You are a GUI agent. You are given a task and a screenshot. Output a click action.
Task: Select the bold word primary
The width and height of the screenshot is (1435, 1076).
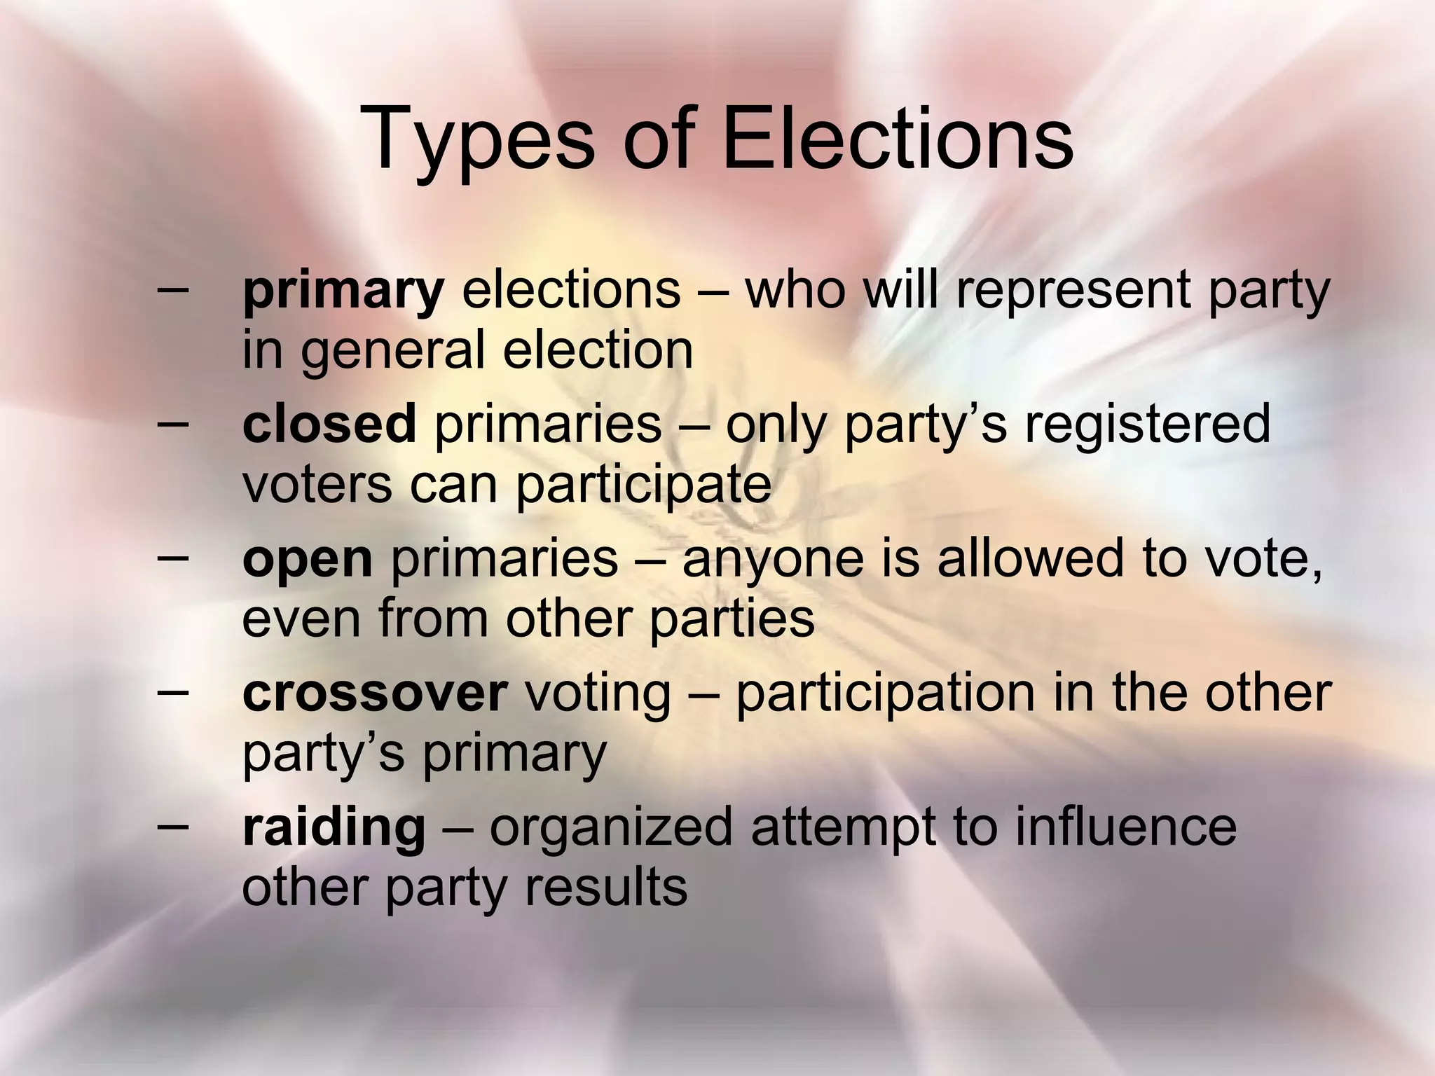pos(343,291)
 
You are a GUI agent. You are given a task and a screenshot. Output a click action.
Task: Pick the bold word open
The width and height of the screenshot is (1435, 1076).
pos(308,560)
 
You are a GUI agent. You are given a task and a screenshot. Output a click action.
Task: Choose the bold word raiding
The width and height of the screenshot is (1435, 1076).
pos(334,827)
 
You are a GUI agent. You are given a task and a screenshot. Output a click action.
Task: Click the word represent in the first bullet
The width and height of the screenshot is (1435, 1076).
pos(1071,291)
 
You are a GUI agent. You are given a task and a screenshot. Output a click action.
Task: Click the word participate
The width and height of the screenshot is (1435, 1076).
pos(643,485)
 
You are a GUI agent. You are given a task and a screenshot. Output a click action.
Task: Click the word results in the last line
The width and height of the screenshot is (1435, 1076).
pos(606,887)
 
